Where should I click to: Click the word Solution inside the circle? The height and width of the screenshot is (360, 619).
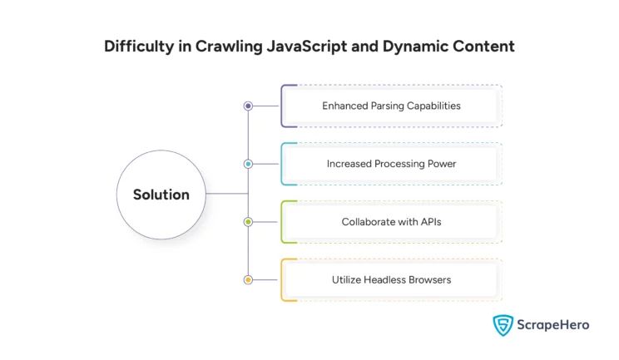click(x=161, y=195)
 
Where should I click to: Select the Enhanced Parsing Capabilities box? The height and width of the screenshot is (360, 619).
click(x=391, y=106)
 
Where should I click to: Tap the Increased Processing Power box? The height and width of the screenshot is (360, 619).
click(x=391, y=164)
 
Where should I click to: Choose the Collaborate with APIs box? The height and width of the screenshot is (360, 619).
click(x=391, y=222)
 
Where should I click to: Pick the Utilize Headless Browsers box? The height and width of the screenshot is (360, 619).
click(x=391, y=280)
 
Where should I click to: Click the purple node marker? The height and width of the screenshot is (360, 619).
click(x=248, y=106)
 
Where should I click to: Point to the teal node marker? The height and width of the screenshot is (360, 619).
click(x=248, y=164)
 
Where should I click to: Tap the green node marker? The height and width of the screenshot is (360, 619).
click(x=248, y=222)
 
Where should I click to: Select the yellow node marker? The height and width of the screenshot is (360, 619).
click(x=248, y=280)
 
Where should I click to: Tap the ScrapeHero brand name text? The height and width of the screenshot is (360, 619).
click(x=554, y=325)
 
